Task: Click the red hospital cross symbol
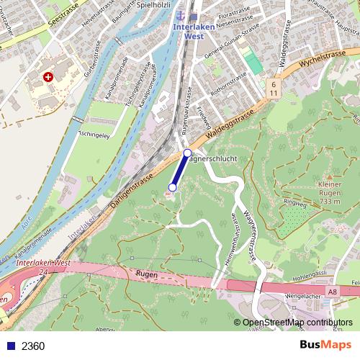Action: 48,76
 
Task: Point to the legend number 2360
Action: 33,346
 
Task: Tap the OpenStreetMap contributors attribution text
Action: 297,323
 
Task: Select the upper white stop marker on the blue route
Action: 187,153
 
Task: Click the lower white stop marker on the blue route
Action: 171,187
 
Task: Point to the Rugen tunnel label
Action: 146,274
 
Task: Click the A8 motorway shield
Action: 331,292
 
